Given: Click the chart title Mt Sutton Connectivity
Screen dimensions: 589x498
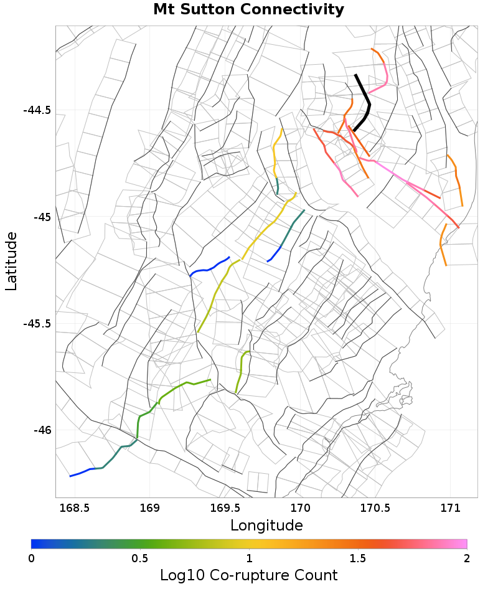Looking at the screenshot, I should point(248,10).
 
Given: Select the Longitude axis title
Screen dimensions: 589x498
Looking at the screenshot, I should point(266,525).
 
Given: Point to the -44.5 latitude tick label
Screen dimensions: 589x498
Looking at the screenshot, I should point(37,111).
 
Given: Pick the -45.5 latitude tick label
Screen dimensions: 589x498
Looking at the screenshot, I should point(37,324).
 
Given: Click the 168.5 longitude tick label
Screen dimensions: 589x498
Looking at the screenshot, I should point(74,507).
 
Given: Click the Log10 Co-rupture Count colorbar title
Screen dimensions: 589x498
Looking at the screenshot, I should point(248,575).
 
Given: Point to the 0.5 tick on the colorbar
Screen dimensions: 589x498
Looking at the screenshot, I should point(140,558).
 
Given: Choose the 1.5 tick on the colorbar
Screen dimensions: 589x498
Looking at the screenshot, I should point(358,558).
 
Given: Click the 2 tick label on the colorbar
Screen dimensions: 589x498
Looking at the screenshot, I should point(467,558).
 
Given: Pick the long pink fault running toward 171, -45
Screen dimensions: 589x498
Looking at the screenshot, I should point(405,181).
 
